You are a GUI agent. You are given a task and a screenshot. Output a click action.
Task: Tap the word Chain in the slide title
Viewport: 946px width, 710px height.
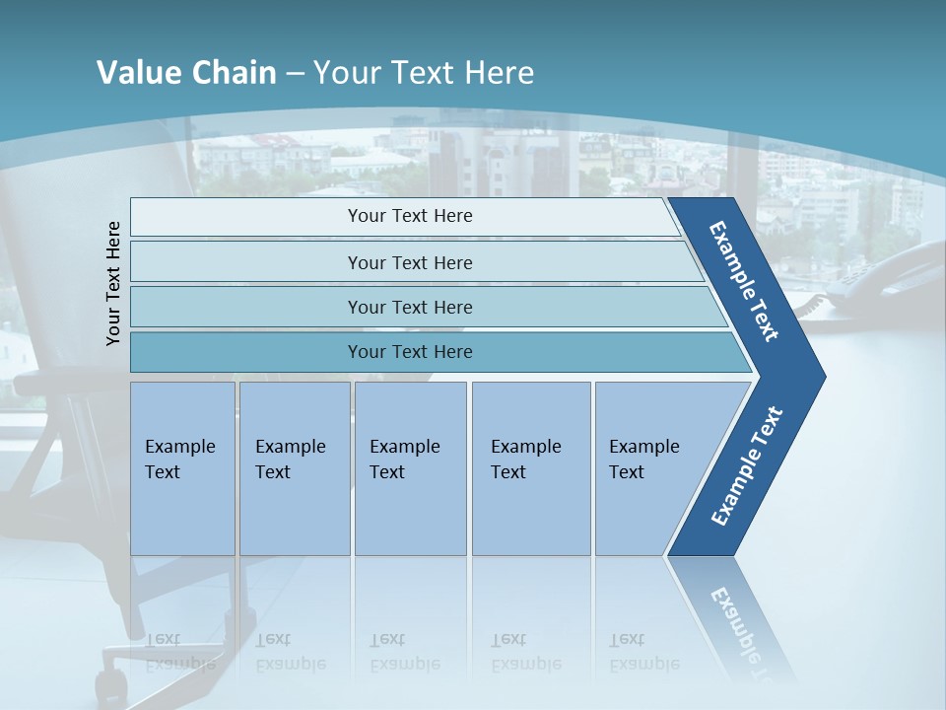(233, 73)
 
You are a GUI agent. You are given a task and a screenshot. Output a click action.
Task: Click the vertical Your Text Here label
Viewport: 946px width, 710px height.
(113, 283)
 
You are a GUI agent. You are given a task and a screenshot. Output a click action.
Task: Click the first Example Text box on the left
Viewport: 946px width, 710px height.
(182, 468)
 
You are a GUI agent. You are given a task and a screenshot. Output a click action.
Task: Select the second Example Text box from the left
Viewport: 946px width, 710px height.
(295, 468)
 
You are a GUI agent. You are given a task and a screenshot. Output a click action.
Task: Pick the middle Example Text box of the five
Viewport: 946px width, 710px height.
(410, 468)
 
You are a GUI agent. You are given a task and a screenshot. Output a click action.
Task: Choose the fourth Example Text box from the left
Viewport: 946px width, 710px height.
(531, 468)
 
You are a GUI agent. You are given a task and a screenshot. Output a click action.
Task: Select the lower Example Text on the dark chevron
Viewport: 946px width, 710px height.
(747, 466)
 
